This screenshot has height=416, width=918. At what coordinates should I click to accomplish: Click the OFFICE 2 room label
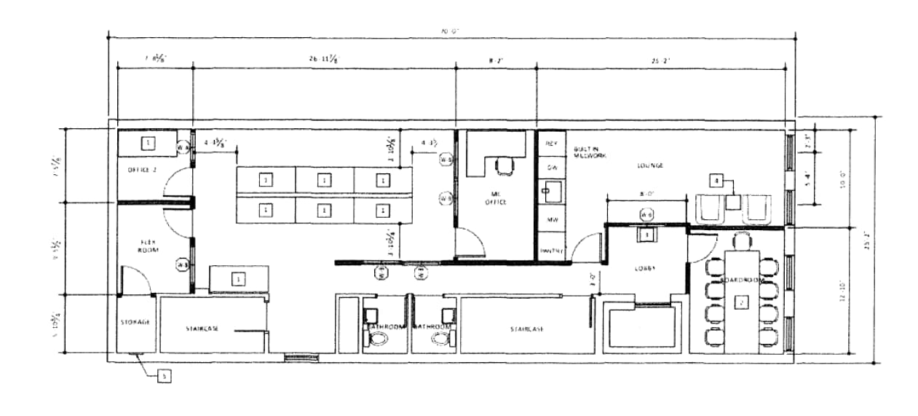(143, 169)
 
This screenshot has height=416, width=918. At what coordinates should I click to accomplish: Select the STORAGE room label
(135, 321)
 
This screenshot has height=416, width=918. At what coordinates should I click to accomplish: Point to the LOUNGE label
(650, 165)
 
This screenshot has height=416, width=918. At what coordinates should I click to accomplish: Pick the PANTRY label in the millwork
(550, 251)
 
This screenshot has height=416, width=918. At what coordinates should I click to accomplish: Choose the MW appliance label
(550, 219)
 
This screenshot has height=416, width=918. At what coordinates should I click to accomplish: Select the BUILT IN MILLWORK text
(587, 152)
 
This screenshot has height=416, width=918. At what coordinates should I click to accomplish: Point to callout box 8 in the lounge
(717, 179)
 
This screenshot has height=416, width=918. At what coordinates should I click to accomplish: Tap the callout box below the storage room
(165, 376)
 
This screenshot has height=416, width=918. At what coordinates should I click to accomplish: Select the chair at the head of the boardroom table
(742, 241)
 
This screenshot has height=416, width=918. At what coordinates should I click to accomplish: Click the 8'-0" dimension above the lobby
(645, 195)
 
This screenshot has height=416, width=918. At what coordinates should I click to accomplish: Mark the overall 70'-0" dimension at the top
(451, 31)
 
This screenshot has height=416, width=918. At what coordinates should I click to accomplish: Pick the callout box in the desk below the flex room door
(237, 278)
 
